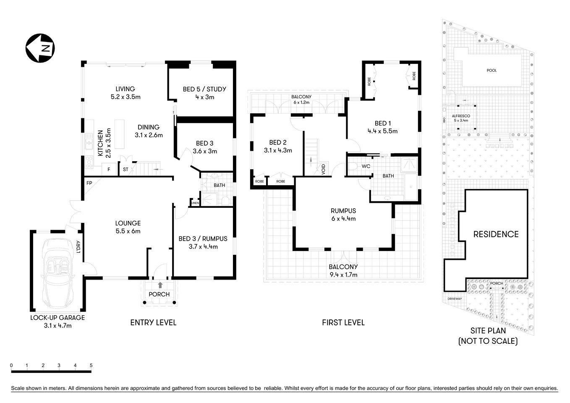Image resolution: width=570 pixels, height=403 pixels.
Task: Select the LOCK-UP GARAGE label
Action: point(58,318)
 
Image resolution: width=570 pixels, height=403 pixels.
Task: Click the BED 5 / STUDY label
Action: point(204,89)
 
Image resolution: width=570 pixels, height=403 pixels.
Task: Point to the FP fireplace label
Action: point(89,183)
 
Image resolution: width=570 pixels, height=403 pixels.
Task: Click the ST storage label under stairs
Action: point(126,170)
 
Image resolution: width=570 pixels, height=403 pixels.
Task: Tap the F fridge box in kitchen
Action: point(109,170)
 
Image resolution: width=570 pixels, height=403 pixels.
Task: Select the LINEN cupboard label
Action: point(195,203)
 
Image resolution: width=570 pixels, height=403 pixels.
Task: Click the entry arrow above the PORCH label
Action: point(159,285)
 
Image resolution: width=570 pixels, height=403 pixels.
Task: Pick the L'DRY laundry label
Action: point(78,247)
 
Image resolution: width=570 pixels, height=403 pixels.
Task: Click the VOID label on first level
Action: point(324,169)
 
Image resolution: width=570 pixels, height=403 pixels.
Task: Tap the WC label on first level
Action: point(366,166)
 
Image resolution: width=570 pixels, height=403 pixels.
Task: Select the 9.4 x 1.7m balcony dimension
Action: point(343,275)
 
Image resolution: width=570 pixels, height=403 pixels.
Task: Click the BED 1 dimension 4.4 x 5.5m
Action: point(382,131)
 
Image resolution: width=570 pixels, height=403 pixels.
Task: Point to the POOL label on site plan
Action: point(492,71)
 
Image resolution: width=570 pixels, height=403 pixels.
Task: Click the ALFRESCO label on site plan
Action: point(460,116)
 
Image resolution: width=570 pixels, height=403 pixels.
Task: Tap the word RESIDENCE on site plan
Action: point(496,234)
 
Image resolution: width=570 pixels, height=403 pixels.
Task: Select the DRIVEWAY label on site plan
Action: point(455,299)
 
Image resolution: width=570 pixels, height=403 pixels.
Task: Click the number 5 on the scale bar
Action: point(91,365)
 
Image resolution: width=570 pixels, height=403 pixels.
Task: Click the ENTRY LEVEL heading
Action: point(153,322)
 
